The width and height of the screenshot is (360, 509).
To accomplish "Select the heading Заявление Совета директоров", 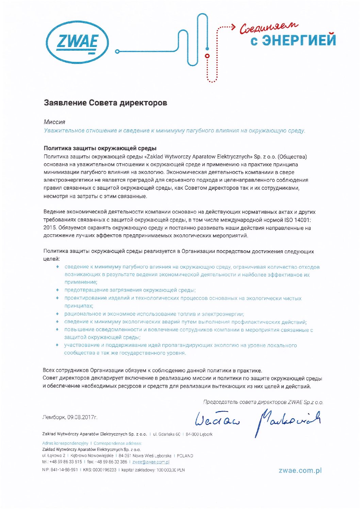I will [105, 103].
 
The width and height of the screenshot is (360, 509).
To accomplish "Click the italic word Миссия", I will [54, 122].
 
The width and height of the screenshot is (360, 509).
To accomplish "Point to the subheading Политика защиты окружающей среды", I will [100, 148].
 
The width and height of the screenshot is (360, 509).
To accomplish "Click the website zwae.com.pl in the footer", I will [300, 471].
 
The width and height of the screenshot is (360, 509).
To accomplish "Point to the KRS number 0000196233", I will [104, 470].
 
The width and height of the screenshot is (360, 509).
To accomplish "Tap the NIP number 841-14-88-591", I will [64, 470].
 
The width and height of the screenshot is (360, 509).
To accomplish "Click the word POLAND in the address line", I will [185, 456].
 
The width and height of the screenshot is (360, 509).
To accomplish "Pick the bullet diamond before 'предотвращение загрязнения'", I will [58, 290].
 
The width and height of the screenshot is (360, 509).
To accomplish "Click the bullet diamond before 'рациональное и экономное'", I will [58, 314].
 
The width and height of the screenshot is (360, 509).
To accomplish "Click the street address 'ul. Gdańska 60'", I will [166, 434].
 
